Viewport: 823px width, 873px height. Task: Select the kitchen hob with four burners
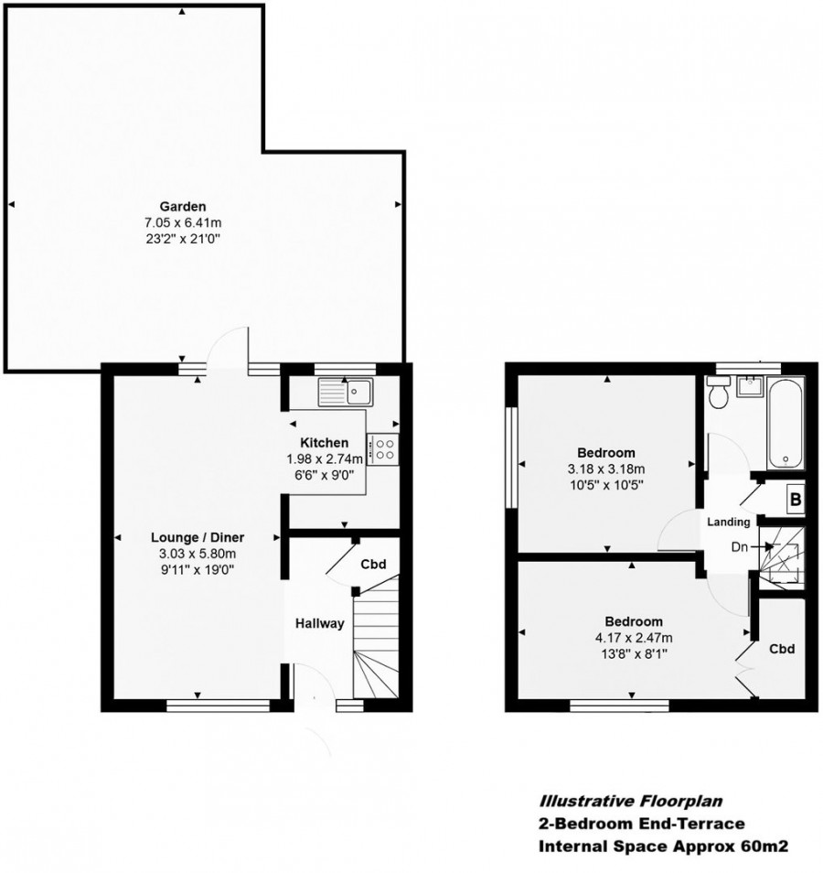pos(384,448)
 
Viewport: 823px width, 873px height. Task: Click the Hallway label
pos(319,624)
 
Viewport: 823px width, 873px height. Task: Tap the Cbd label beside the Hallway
pos(372,564)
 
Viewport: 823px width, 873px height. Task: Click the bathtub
pos(785,420)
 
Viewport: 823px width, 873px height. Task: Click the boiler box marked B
pos(795,501)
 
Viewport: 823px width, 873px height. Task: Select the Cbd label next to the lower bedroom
pos(780,649)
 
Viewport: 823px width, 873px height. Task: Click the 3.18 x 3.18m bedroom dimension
pos(605,469)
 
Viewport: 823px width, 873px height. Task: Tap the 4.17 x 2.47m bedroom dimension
pos(631,638)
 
